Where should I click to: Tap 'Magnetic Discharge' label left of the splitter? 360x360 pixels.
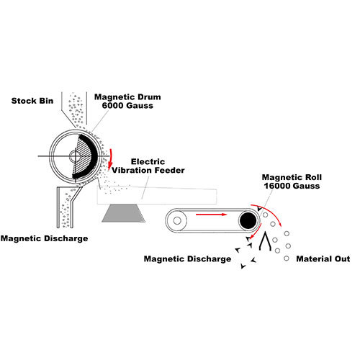click(x=188, y=258)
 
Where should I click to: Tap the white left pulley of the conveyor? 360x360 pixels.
click(x=176, y=220)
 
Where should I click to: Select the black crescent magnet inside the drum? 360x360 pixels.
click(x=93, y=154)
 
